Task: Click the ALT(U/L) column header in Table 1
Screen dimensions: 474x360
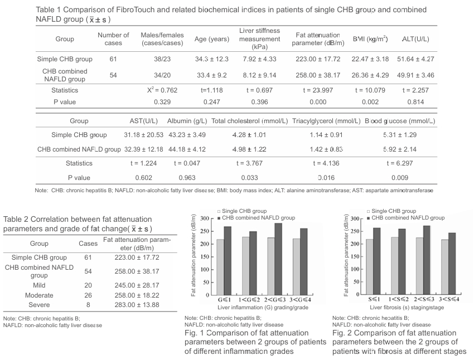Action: coord(415,39)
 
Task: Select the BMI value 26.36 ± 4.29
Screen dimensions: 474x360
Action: coord(370,75)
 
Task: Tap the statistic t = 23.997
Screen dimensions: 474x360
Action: coord(318,90)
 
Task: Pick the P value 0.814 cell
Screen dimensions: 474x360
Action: coord(415,102)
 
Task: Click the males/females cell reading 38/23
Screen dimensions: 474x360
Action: coord(162,59)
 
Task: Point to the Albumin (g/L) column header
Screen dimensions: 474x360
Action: coord(187,121)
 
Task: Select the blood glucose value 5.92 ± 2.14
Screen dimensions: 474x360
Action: coord(400,149)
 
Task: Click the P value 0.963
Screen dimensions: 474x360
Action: coord(187,178)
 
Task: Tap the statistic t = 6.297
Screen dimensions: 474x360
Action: coord(400,163)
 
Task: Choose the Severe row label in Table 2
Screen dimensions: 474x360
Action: coord(39,305)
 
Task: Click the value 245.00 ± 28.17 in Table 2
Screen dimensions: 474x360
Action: coord(137,285)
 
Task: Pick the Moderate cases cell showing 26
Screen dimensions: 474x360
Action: coord(88,295)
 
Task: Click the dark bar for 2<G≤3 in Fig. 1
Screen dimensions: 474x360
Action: coord(278,259)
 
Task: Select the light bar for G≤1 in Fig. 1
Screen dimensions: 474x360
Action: coord(220,267)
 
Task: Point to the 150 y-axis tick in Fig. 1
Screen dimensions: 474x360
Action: coord(206,257)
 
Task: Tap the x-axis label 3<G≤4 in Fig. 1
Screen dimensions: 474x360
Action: coord(300,300)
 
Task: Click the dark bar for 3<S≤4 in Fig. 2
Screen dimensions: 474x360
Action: coord(452,264)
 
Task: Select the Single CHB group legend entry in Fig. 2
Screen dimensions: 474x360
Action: coord(391,211)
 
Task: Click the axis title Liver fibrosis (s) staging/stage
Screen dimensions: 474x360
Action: coord(407,308)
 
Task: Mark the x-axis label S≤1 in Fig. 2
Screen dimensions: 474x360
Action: coord(374,299)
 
